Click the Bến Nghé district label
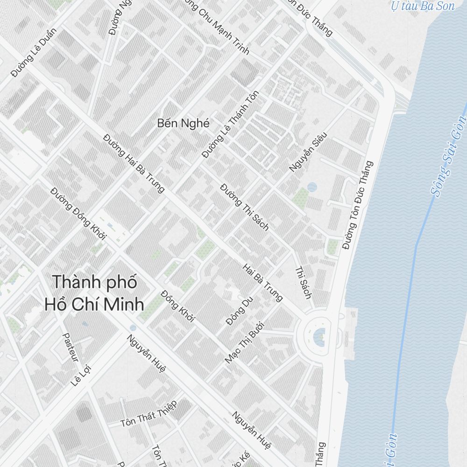point(184,123)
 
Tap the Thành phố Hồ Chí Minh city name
point(94,293)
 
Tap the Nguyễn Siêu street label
point(308,152)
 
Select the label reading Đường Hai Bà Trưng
point(134,163)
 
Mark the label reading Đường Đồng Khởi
point(78,213)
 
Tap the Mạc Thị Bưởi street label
point(244,342)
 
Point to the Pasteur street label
point(70,347)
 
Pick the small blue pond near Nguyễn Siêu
point(312,187)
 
